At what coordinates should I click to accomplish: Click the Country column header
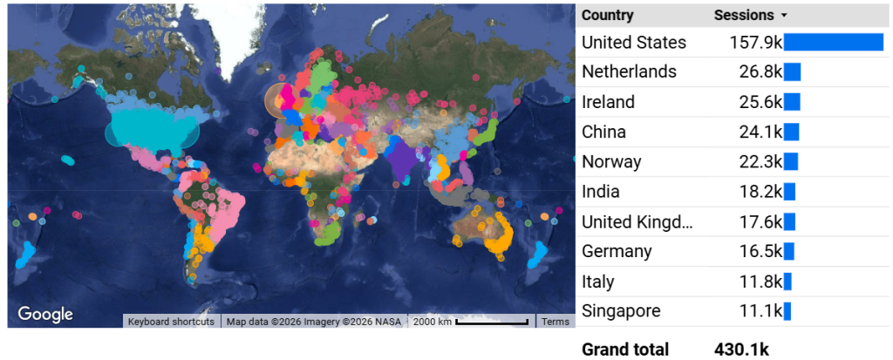pyautogui.click(x=608, y=15)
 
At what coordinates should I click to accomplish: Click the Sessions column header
pyautogui.click(x=744, y=15)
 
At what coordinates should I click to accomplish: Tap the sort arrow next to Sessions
pyautogui.click(x=784, y=16)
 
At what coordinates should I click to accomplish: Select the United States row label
pyautogui.click(x=634, y=43)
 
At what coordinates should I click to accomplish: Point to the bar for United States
pyautogui.click(x=834, y=43)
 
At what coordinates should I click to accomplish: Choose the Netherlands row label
pyautogui.click(x=629, y=72)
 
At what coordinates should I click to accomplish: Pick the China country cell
pyautogui.click(x=603, y=132)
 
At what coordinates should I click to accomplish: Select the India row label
pyautogui.click(x=600, y=192)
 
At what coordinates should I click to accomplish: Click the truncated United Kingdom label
pyautogui.click(x=637, y=221)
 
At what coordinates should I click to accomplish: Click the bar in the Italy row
pyautogui.click(x=787, y=282)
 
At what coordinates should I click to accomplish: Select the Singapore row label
pyautogui.click(x=621, y=311)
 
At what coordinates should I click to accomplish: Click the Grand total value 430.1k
pyautogui.click(x=741, y=350)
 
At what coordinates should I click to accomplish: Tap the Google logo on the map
pyautogui.click(x=45, y=315)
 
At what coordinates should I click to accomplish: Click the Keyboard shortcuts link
pyautogui.click(x=171, y=322)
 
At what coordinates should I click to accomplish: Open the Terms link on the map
pyautogui.click(x=555, y=322)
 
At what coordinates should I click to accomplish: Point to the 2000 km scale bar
pyautogui.click(x=493, y=323)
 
